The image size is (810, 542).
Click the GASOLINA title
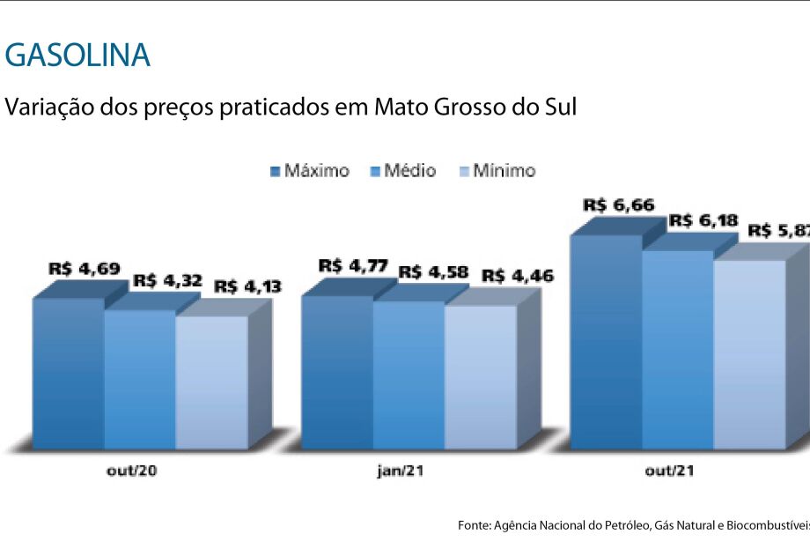pyautogui.click(x=77, y=56)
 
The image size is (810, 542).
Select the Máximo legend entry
pyautogui.click(x=309, y=171)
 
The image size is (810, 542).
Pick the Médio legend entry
pyautogui.click(x=404, y=171)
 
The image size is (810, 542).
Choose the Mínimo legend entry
pyautogui.click(x=497, y=171)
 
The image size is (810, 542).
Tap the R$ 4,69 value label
pyautogui.click(x=85, y=268)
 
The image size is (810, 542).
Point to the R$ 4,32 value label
pyautogui.click(x=167, y=281)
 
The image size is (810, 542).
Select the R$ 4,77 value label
pyautogui.click(x=353, y=264)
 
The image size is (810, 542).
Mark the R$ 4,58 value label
pyautogui.click(x=434, y=271)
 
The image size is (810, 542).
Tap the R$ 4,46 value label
pyautogui.click(x=518, y=277)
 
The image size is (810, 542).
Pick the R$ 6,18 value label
pyautogui.click(x=702, y=219)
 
